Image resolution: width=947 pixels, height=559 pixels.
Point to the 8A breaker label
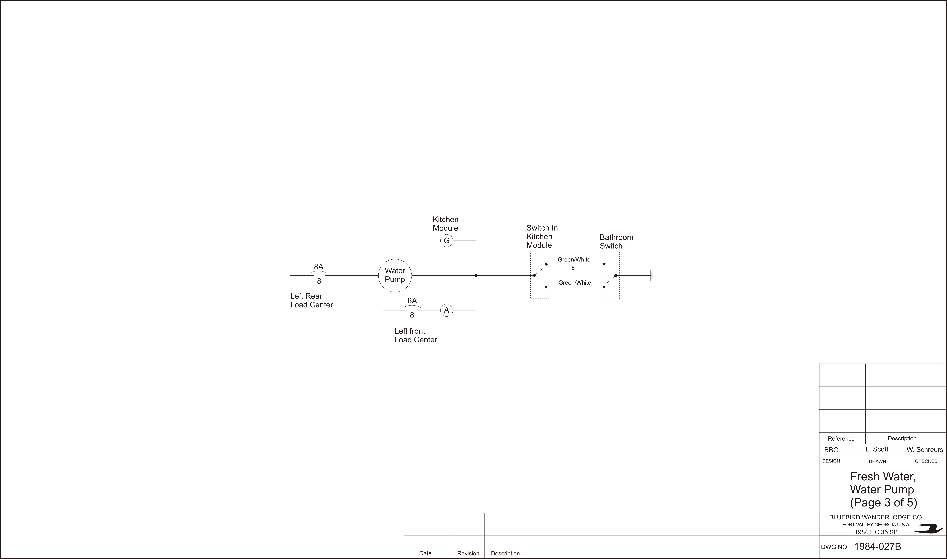319,267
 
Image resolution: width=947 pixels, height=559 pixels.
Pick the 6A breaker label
412,301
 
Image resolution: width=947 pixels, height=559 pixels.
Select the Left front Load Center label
416,335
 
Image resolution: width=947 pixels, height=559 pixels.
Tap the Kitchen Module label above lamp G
446,224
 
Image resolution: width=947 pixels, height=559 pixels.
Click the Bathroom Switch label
616,241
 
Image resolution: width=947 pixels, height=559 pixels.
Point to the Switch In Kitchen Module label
542,237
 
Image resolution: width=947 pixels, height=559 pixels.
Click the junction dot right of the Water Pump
476,275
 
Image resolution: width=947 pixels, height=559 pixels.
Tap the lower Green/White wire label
574,283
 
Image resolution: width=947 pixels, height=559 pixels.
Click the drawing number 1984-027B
878,547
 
